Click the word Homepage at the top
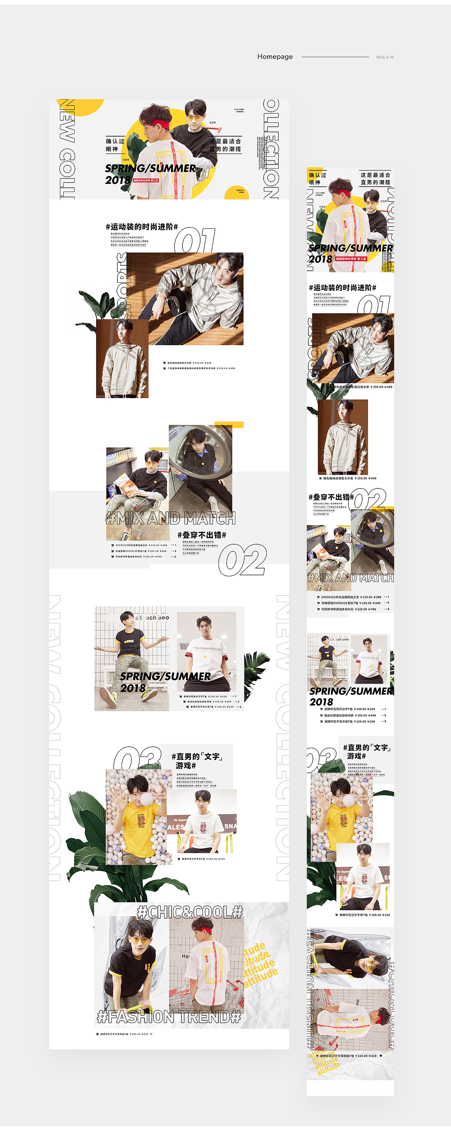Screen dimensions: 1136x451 [275, 56]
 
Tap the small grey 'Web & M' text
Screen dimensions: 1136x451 [384, 57]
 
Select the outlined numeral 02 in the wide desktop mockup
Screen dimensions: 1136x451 [243, 560]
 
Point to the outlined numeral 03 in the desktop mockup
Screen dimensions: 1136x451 [137, 758]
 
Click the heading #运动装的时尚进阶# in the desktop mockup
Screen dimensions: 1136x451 [141, 227]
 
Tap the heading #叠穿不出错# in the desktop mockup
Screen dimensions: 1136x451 [202, 535]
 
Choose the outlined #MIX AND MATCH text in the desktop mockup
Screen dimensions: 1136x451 [171, 518]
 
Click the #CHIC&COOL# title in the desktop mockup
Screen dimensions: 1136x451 [190, 912]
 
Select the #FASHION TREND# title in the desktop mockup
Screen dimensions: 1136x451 [169, 1017]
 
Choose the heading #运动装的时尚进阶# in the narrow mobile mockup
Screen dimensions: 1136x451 [342, 288]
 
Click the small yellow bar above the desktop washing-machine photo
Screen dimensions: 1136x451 [229, 425]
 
